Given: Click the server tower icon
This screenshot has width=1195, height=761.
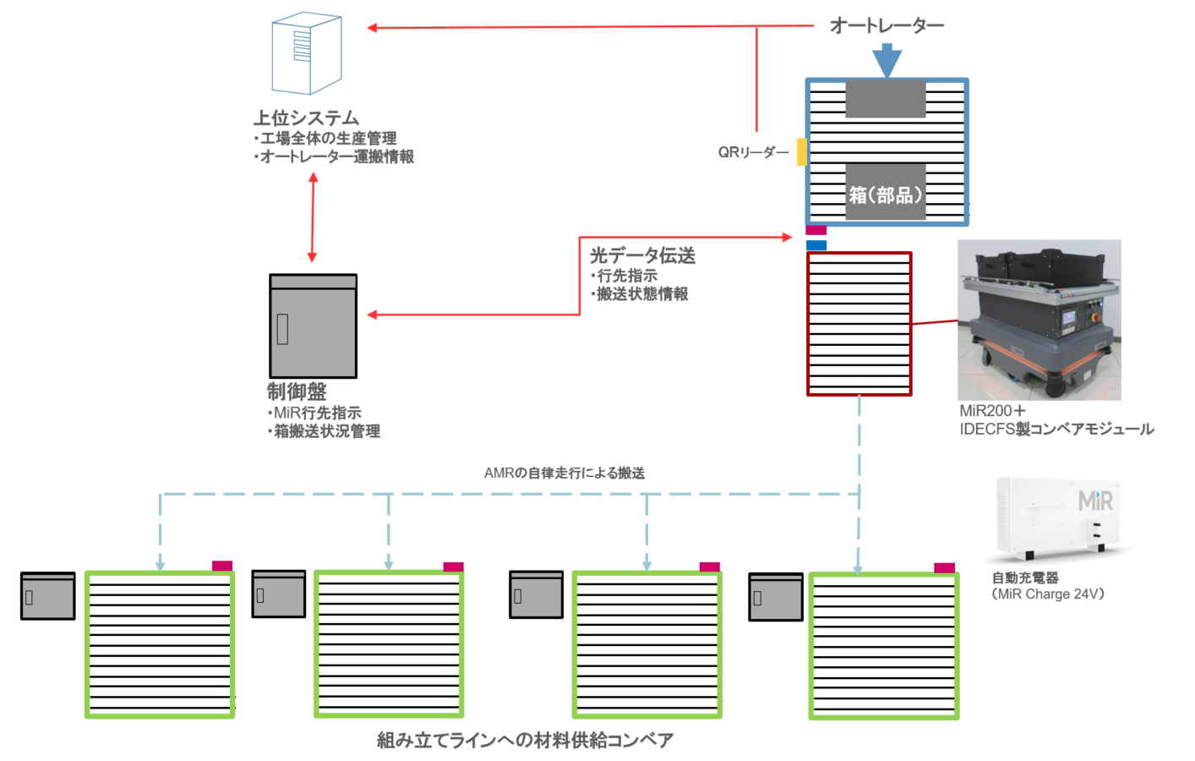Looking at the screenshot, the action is tap(307, 53).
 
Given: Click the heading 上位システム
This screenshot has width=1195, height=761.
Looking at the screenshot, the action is tap(306, 118).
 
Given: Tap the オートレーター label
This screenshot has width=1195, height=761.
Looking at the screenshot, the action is tap(887, 25).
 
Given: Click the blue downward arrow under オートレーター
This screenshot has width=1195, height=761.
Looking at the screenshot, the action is tap(887, 61).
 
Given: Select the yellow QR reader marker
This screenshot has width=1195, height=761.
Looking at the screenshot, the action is tap(801, 152).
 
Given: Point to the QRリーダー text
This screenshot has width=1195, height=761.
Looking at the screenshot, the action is tap(753, 153).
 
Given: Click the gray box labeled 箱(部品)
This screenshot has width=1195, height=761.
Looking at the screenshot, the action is tap(886, 192).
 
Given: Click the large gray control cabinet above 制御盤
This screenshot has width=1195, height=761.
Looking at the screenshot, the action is tap(314, 326).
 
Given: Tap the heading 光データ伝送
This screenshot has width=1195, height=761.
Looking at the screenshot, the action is tap(643, 255).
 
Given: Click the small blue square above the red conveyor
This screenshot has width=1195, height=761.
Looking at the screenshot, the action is tap(816, 245).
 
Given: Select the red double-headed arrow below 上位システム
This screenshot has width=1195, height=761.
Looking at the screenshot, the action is tap(314, 217).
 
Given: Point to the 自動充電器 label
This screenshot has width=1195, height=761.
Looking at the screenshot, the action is tap(1025, 578).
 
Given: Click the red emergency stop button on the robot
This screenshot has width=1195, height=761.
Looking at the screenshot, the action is tap(1096, 318).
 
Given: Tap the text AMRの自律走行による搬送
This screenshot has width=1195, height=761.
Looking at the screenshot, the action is tap(565, 473).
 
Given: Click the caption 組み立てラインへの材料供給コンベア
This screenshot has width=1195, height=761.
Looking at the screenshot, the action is tap(525, 740).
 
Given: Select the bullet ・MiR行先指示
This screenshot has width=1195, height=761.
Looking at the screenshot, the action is tap(314, 413).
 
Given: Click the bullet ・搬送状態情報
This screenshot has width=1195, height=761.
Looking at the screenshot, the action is tap(639, 294).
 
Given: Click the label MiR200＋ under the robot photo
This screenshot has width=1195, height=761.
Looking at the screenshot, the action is tap(992, 411).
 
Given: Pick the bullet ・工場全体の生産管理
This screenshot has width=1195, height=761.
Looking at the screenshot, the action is tap(325, 139).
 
